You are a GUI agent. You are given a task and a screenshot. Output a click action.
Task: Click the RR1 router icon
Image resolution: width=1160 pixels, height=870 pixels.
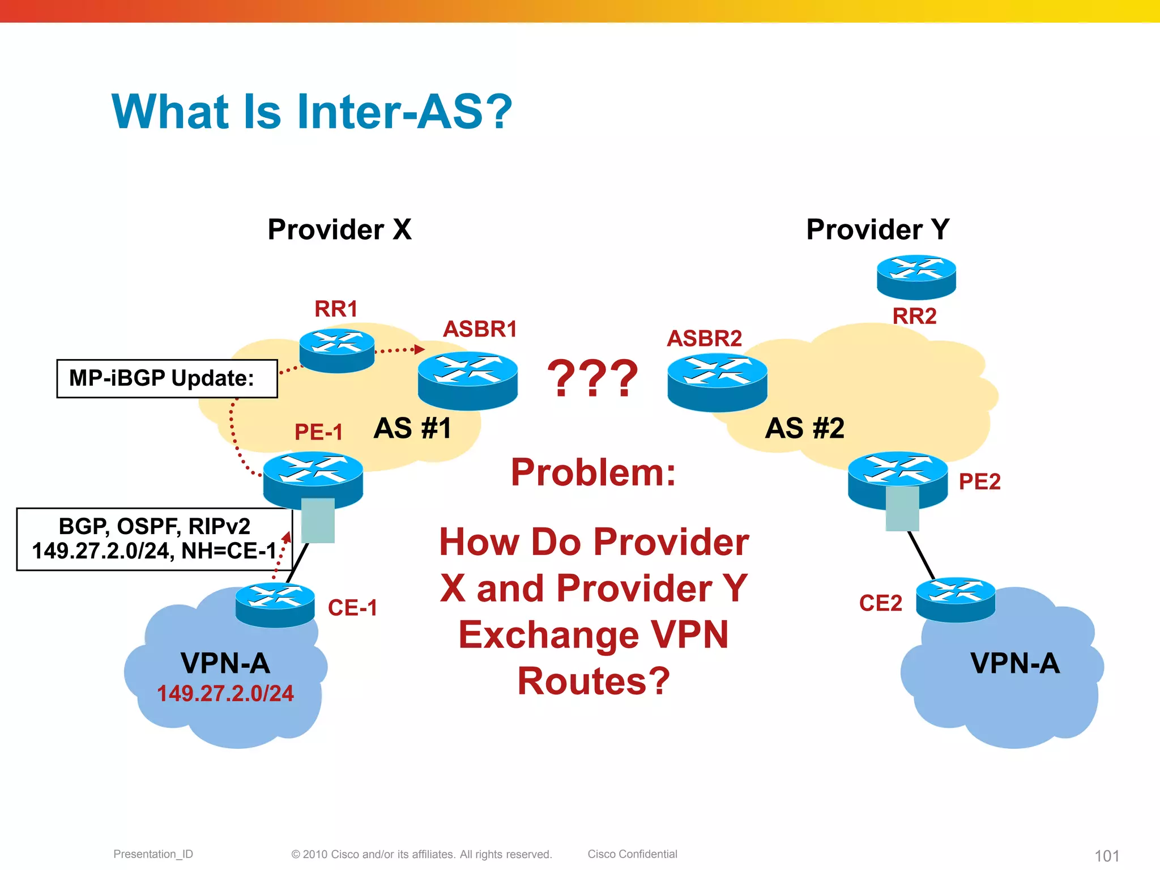[x=337, y=350]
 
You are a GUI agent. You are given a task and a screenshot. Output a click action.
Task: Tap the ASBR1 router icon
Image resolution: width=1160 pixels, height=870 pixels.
[x=468, y=380]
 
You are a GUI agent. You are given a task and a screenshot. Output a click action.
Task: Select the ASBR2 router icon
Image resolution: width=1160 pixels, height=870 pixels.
[x=717, y=382]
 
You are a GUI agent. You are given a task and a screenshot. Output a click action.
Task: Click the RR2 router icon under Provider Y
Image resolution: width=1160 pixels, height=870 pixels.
[x=916, y=277]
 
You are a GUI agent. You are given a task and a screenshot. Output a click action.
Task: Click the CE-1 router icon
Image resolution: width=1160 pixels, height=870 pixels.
[x=275, y=605]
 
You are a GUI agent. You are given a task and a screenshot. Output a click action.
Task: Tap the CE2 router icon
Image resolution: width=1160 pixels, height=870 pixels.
[x=956, y=600]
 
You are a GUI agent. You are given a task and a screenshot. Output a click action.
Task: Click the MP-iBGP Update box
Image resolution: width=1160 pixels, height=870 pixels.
[x=167, y=378]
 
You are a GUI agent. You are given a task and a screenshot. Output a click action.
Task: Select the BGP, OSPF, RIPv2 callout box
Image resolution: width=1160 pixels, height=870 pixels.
[x=154, y=539]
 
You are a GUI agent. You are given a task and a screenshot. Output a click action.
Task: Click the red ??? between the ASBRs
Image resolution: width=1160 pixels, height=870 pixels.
[x=592, y=378]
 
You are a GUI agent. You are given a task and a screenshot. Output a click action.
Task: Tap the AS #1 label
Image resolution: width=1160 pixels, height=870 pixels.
[x=412, y=428]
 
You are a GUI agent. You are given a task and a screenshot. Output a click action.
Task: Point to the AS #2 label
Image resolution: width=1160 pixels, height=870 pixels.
[x=804, y=428]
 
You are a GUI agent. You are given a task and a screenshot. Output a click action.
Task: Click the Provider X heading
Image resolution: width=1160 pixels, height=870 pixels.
[x=339, y=229]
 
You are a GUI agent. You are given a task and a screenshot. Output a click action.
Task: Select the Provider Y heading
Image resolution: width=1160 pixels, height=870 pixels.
[x=877, y=229]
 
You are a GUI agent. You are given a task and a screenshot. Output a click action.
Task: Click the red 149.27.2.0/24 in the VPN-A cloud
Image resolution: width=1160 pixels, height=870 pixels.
[x=225, y=694]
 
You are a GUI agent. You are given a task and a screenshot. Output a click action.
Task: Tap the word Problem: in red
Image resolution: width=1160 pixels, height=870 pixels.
[x=593, y=472]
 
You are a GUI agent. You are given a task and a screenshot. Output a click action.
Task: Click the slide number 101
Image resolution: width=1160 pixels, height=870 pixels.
[x=1107, y=855]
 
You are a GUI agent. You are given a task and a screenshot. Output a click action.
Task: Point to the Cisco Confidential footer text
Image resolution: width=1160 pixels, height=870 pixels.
[x=632, y=854]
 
